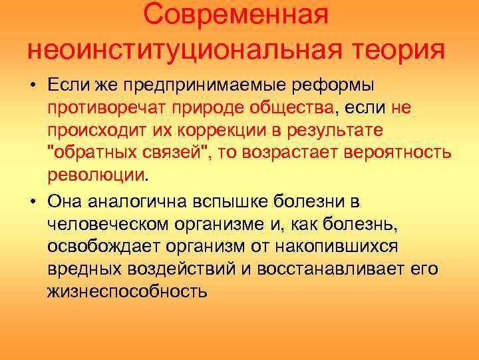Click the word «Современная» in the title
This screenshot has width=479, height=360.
coord(236,15)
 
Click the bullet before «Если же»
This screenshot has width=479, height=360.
coord(31,86)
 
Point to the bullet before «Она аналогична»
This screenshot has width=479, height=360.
coord(31,201)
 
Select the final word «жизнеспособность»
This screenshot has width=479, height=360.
coord(127,291)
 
